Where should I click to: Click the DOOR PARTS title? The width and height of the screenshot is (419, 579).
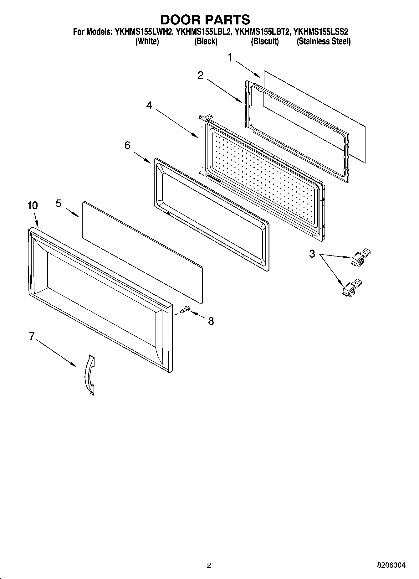click(x=205, y=19)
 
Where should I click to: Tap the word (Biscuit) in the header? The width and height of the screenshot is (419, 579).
click(x=264, y=41)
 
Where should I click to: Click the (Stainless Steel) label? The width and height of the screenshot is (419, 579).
click(x=323, y=41)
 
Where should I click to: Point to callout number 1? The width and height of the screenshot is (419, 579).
click(x=230, y=58)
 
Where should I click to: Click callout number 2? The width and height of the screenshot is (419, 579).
click(x=200, y=75)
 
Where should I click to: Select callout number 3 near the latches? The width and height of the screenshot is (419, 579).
click(x=312, y=254)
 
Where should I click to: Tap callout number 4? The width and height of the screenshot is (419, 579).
click(x=149, y=106)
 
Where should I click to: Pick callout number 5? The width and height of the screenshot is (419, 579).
click(x=59, y=203)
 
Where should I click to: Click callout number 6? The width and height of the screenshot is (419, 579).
click(x=127, y=145)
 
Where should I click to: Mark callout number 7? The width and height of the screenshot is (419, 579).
click(x=31, y=336)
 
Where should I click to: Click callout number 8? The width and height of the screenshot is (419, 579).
click(x=211, y=321)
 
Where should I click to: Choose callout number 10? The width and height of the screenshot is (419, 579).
click(x=33, y=205)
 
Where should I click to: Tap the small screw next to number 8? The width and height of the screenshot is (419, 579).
click(x=184, y=310)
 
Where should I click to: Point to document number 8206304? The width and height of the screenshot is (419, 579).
click(x=391, y=565)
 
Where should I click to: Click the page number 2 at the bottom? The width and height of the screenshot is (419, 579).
click(x=209, y=565)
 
